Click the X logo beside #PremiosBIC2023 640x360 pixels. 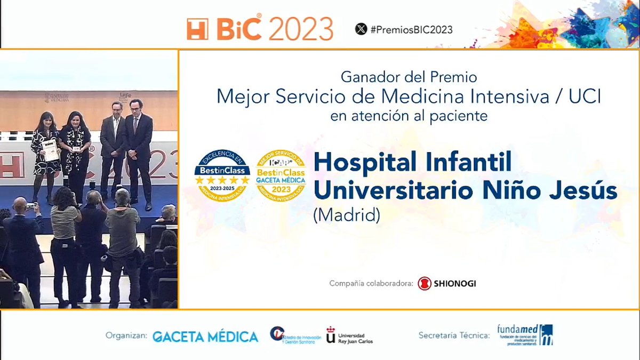click(361, 29)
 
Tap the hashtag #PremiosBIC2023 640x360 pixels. click(411, 29)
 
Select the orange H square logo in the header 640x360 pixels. click(197, 29)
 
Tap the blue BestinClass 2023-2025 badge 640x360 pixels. click(222, 176)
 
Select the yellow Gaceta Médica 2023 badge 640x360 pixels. click(281, 176)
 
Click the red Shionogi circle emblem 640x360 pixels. click(425, 283)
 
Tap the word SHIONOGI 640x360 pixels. click(455, 283)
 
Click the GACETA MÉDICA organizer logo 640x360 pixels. click(205, 337)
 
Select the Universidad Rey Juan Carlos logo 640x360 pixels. click(349, 336)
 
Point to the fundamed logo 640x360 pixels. click(525, 335)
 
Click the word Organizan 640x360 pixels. click(126, 337)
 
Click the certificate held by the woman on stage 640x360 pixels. click(50, 150)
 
